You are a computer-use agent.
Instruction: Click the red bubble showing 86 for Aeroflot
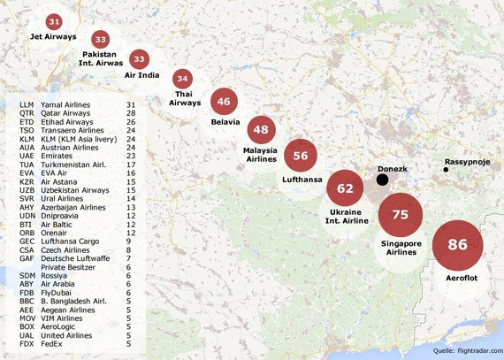click(x=457, y=245)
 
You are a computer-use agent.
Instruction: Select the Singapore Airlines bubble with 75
click(x=401, y=215)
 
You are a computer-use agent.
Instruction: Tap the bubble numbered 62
click(x=345, y=188)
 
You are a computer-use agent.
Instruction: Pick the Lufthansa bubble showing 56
click(x=301, y=156)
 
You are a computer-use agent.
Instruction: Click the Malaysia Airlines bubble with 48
click(x=261, y=130)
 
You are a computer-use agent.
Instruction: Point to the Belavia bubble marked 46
click(x=224, y=102)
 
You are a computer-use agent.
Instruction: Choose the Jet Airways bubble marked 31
click(x=55, y=20)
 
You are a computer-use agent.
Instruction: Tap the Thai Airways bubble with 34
click(x=182, y=79)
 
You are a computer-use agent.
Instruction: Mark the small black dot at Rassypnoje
click(x=446, y=170)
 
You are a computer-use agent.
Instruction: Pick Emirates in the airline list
click(x=60, y=155)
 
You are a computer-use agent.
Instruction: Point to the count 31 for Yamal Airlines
click(x=132, y=104)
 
